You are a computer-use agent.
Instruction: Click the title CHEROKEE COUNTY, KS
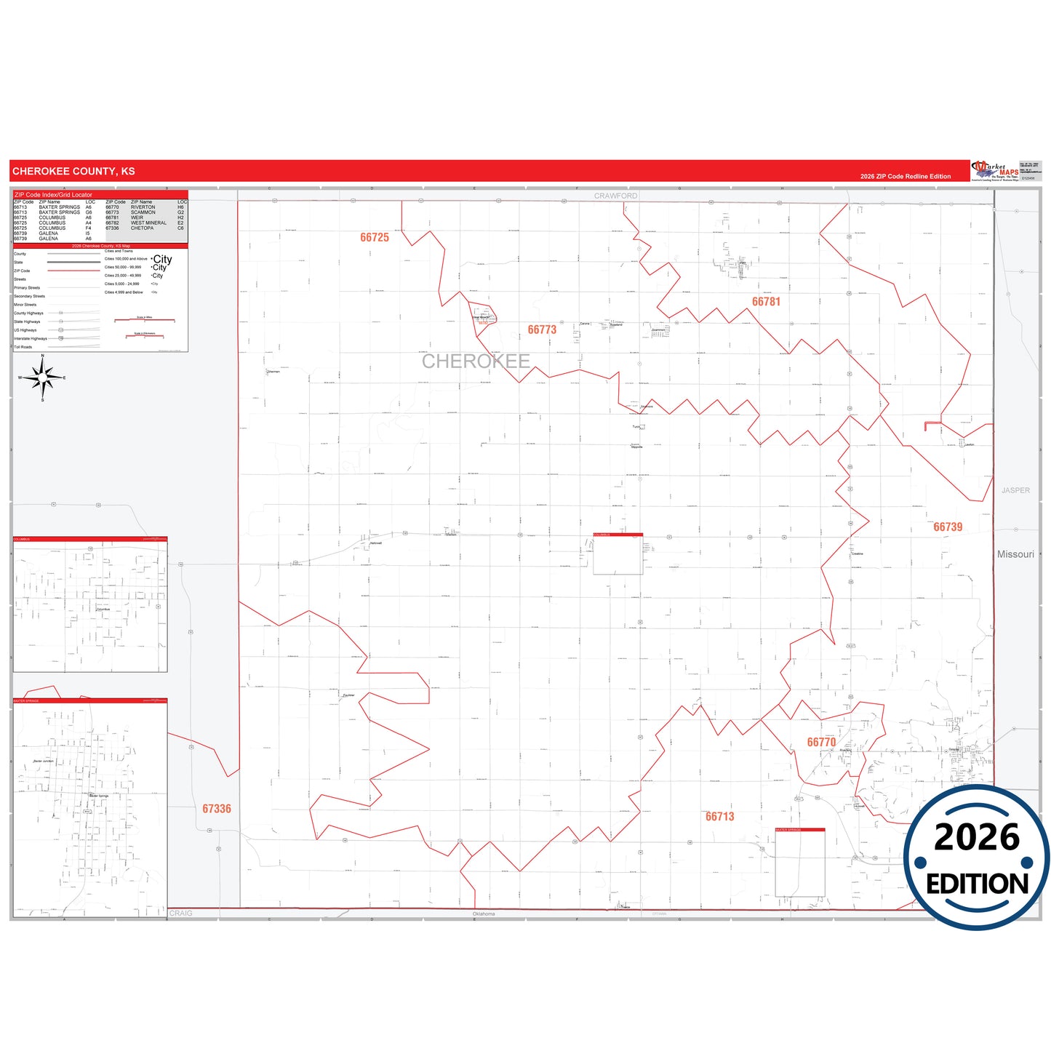pos(73,172)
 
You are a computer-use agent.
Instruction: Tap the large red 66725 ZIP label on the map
pos(375,238)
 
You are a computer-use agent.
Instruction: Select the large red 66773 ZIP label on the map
pos(542,330)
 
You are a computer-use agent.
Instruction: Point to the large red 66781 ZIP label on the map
pos(766,302)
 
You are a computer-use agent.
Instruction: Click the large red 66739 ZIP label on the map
pos(948,527)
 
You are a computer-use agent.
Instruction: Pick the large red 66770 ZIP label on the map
pos(821,743)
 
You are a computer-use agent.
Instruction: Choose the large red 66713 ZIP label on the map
pos(719,817)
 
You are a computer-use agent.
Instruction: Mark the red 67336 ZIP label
pos(217,809)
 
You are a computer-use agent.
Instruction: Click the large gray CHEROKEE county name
pos(476,361)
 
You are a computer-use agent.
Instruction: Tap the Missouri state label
pos(1015,554)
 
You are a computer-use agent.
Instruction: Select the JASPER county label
pos(1015,490)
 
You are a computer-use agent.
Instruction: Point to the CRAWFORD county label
pos(615,196)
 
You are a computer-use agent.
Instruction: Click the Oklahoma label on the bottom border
pos(484,914)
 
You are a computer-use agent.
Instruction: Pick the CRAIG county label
pos(181,914)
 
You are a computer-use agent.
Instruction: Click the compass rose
pos(43,377)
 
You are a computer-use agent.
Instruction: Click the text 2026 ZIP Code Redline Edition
pos(906,177)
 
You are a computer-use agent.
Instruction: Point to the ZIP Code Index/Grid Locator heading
pos(54,195)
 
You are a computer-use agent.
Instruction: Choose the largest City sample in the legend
pos(162,259)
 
